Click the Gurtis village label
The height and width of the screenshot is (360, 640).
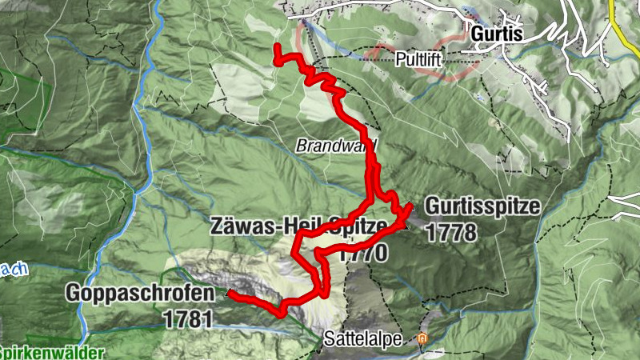click(496, 34)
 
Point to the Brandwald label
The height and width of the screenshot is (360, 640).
click(335, 146)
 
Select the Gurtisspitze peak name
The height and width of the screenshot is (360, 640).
click(482, 206)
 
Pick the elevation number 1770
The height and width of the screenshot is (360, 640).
click(362, 254)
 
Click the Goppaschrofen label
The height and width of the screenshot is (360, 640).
click(140, 294)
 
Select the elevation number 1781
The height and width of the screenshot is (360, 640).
click(186, 318)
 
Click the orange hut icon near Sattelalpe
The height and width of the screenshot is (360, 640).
click(423, 339)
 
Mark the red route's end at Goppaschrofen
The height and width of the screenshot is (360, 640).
click(230, 294)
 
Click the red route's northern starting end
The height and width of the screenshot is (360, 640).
click(277, 49)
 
